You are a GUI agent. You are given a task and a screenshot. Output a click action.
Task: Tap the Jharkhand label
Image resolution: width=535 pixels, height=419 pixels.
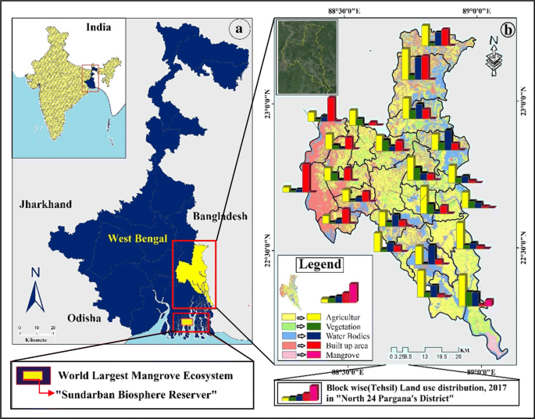(x=46, y=204)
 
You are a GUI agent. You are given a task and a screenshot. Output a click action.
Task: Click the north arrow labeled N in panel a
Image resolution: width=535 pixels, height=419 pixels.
(x=35, y=291)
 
